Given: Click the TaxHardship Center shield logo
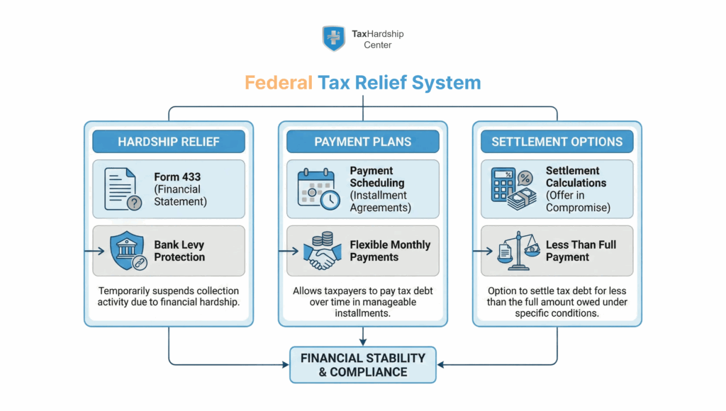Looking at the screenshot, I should click(333, 38).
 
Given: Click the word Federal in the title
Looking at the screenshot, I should click(279, 83).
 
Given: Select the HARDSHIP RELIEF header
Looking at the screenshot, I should click(169, 142).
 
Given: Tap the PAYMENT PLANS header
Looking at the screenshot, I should click(362, 142).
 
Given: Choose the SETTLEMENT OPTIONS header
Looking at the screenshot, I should click(557, 142).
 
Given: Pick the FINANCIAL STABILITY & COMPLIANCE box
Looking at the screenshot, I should click(362, 365).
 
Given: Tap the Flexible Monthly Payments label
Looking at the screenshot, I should click(390, 251).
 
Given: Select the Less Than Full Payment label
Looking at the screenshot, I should click(581, 251).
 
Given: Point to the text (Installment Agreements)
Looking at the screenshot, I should click(379, 201).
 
